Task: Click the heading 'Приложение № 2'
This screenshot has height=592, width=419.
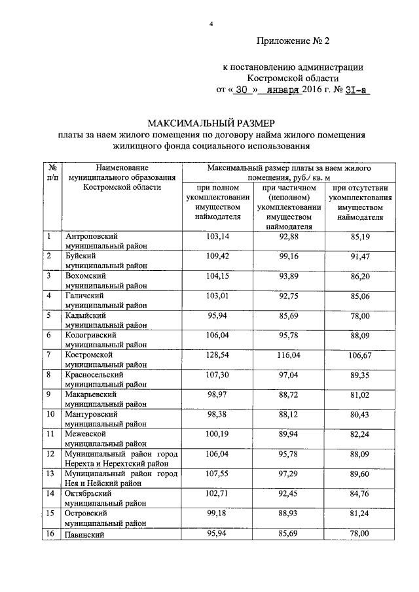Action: (293, 41)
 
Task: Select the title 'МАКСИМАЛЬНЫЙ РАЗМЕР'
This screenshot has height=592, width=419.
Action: (210, 123)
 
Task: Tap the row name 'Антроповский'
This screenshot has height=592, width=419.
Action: (90, 235)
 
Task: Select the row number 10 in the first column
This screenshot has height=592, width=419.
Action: (51, 413)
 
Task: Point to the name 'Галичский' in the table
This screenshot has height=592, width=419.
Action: (84, 296)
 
